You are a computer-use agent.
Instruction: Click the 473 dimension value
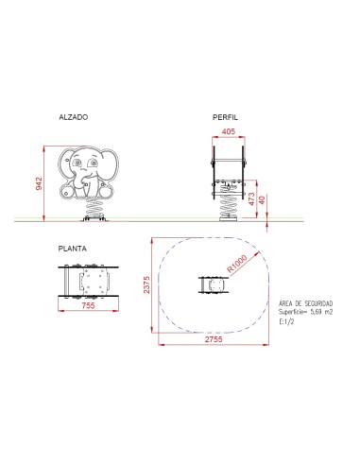[250, 198]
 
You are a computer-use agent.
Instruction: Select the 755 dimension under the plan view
[87, 306]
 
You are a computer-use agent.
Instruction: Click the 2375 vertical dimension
[148, 284]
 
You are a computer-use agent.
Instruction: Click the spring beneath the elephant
[94, 203]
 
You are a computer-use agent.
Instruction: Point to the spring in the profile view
[230, 201]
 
